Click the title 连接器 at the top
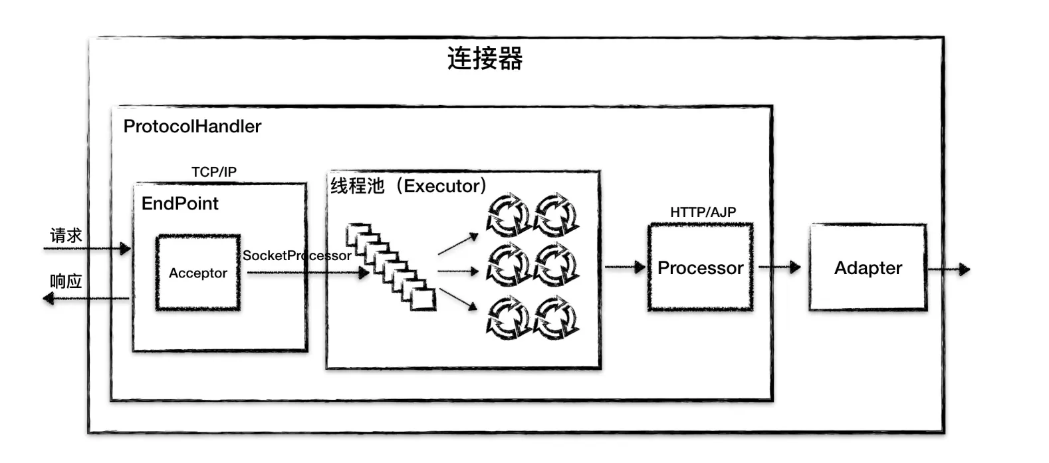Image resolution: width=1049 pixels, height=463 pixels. tap(485, 59)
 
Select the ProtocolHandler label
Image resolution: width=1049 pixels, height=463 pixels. tap(192, 126)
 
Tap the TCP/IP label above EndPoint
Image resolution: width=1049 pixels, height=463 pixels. tap(214, 172)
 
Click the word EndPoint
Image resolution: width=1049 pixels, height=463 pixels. tap(179, 204)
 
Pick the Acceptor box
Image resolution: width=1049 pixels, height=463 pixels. tap(197, 273)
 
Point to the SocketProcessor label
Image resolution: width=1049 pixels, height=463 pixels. tap(296, 255)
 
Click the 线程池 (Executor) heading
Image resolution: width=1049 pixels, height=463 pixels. tap(408, 186)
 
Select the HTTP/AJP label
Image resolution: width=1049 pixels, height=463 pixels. tap(703, 212)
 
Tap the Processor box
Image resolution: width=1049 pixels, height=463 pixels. tap(700, 267)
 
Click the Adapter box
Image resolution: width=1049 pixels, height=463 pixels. tap(868, 267)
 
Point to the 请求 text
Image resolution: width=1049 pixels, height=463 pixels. tap(66, 235)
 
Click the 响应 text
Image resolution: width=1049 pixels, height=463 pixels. tap(66, 281)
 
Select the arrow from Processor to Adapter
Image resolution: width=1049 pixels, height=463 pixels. tap(780, 267)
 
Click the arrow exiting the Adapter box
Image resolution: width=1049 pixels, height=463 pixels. tap(949, 269)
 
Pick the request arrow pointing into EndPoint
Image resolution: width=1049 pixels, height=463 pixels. tap(86, 249)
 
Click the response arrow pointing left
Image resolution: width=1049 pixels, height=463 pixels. tap(86, 299)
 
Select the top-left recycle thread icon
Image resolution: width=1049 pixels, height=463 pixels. tap(509, 214)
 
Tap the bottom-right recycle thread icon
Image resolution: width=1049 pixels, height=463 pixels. tap(556, 318)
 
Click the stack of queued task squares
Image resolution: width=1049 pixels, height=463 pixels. tap(390, 267)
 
